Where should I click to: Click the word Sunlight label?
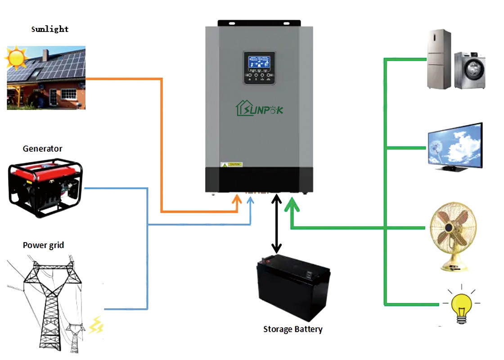(49, 29)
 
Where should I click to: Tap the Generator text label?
(43, 148)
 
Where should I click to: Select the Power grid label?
(43, 245)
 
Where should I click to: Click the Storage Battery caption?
(293, 329)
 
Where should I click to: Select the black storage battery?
(293, 288)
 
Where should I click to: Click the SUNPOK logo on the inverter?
(260, 108)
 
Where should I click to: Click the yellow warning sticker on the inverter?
(231, 164)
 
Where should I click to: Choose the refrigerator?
(439, 58)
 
